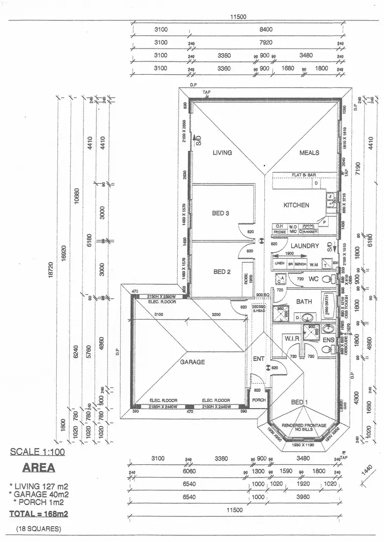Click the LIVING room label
(223, 152)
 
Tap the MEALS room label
(309, 152)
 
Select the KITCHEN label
(296, 205)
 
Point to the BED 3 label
(221, 213)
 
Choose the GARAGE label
(193, 362)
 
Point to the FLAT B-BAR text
(304, 175)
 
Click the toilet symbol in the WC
(329, 279)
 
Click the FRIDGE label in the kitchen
(280, 232)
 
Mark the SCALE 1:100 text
(37, 452)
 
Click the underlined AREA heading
(39, 468)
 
